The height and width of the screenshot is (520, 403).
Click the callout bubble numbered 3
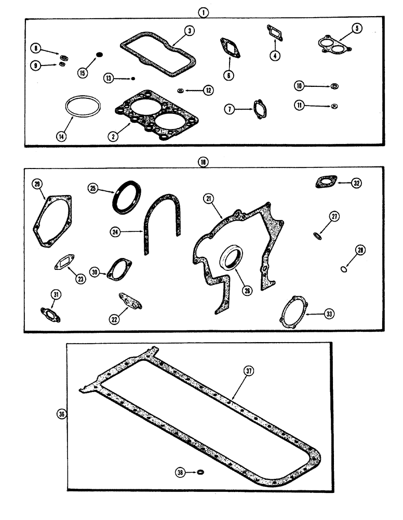pyautogui.click(x=190, y=31)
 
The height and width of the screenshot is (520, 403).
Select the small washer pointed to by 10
pyautogui.click(x=334, y=85)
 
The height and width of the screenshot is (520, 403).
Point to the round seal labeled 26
pyautogui.click(x=231, y=258)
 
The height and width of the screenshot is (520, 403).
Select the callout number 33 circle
pyautogui.click(x=329, y=314)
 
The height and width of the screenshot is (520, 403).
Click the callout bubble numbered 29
pyautogui.click(x=37, y=184)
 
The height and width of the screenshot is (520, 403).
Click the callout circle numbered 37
pyautogui.click(x=250, y=370)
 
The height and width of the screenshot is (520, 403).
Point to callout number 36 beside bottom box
pyautogui.click(x=62, y=414)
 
